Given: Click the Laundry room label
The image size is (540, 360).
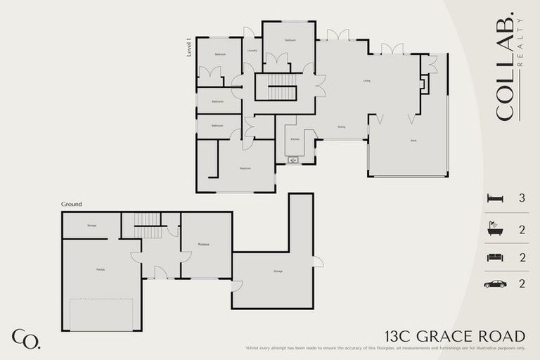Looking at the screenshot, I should (252, 51).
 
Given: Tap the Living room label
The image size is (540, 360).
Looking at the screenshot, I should (366, 81).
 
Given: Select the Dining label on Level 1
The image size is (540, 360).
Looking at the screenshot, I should (341, 127).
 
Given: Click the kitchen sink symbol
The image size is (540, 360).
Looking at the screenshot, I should (293, 160).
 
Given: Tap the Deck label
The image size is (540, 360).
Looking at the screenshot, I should (413, 141).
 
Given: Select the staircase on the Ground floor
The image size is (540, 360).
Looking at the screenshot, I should (148, 226).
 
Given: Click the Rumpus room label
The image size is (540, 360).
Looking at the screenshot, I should (204, 244).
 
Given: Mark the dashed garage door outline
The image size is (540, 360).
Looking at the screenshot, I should (101, 314).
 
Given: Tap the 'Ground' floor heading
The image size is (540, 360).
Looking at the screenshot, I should (71, 204).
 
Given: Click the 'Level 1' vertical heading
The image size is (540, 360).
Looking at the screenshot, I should (189, 47).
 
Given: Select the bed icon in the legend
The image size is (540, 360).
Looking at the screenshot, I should (495, 199).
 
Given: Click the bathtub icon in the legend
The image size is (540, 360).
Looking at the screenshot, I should (495, 229).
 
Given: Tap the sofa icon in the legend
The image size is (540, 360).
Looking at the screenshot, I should (495, 257).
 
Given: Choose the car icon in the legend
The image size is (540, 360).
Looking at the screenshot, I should (495, 284).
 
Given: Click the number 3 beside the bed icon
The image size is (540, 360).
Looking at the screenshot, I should (522, 199).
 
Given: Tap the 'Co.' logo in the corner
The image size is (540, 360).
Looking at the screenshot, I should (26, 338).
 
